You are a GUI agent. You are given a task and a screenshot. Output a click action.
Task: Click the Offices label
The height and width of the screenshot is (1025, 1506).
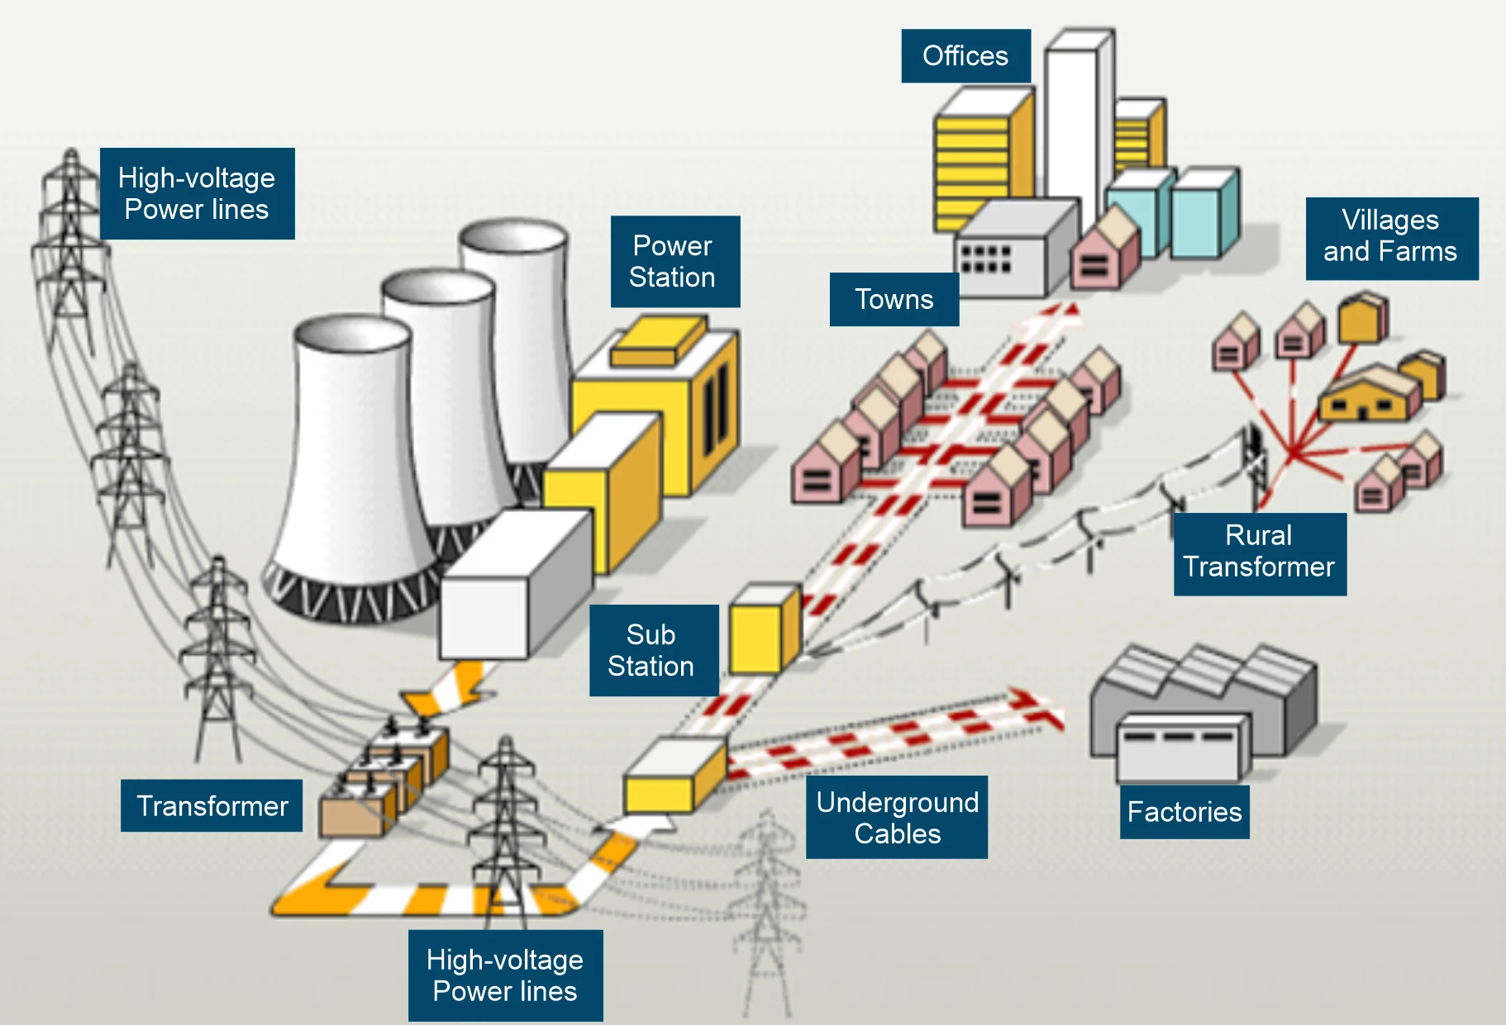tap(965, 56)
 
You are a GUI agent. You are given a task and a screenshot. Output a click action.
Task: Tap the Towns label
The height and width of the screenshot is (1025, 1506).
tap(894, 299)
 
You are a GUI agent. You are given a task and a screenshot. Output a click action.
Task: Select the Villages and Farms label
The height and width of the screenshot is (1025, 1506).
tap(1390, 237)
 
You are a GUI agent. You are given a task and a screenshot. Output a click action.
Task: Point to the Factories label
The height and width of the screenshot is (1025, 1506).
tap(1184, 813)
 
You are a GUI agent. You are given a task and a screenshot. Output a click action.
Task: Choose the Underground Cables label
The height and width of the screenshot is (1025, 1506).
tap(897, 818)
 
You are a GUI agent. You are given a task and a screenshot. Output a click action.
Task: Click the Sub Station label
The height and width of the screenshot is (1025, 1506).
tap(651, 651)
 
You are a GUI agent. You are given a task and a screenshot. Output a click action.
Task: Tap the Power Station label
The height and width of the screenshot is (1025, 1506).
tap(673, 261)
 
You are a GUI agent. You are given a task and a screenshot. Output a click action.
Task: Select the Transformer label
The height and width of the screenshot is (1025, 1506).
tap(212, 806)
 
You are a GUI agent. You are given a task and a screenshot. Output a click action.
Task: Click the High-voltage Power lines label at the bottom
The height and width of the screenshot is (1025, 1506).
tap(505, 975)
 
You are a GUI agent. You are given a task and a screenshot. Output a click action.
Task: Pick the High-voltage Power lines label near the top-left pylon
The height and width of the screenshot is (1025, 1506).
tap(197, 194)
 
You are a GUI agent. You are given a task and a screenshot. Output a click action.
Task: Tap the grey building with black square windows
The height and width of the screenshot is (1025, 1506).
tap(1008, 252)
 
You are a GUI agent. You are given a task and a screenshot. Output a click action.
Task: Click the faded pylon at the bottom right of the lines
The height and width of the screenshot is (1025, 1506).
tap(767, 909)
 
